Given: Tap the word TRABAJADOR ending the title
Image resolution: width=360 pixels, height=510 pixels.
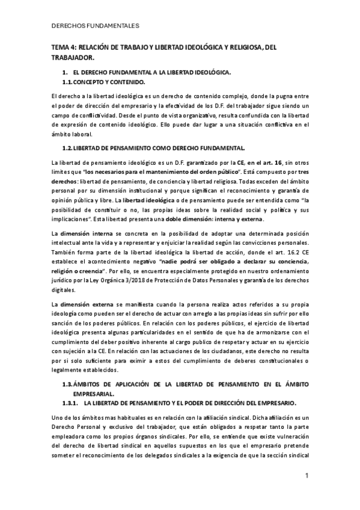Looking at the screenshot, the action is pos(72,58).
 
